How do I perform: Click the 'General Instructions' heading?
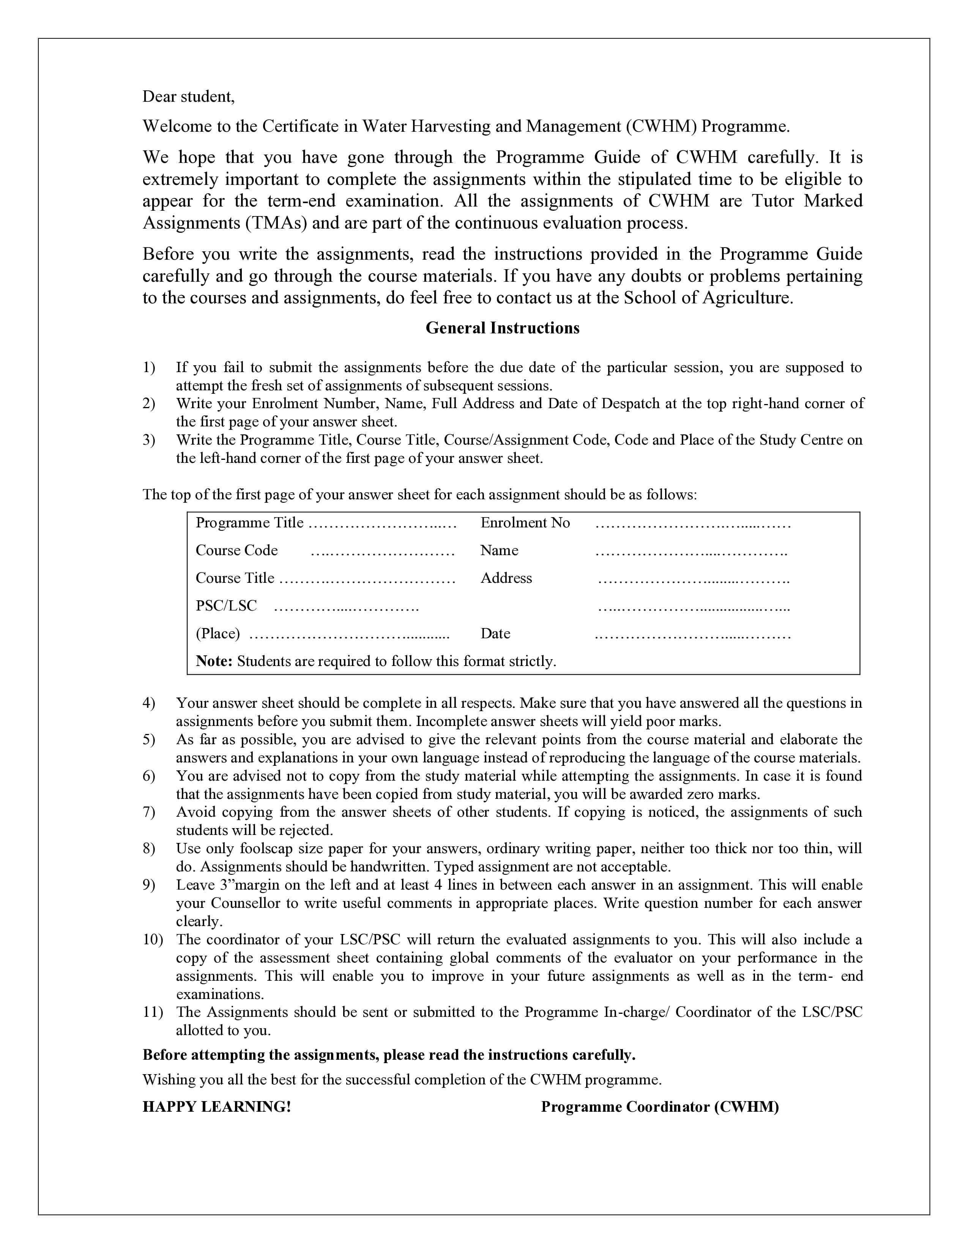tap(502, 328)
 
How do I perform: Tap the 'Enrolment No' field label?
tap(525, 523)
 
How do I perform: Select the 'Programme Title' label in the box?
tap(249, 523)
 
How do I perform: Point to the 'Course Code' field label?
tap(236, 550)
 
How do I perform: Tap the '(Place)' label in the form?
tap(218, 633)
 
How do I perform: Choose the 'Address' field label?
tap(506, 578)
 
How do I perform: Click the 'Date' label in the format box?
tap(495, 633)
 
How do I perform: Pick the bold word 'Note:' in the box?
tap(214, 661)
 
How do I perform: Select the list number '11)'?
tap(153, 1012)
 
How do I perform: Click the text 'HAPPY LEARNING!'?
tap(217, 1107)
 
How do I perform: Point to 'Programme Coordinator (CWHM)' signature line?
tap(659, 1107)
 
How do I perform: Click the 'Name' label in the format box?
tap(499, 550)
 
